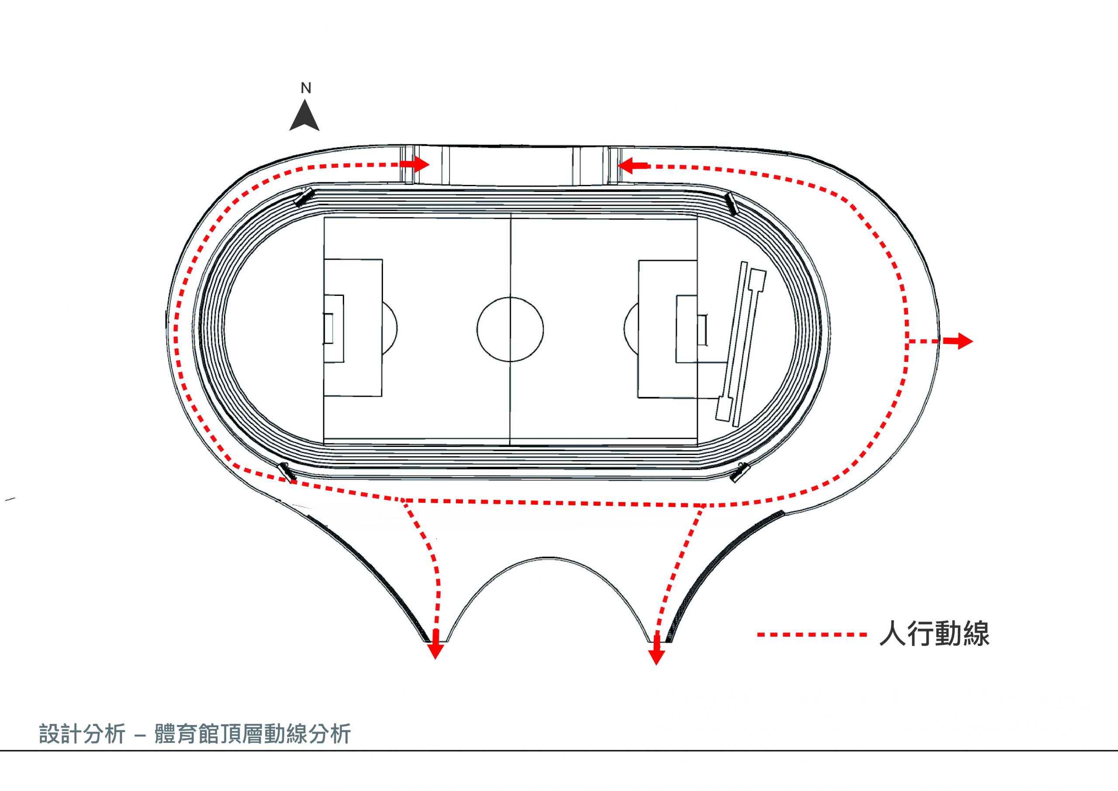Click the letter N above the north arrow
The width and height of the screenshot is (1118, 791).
click(x=306, y=88)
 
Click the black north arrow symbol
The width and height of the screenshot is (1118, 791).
click(x=304, y=115)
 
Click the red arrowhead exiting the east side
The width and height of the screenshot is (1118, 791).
click(x=958, y=341)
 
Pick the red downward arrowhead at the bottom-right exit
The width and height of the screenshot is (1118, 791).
click(x=656, y=655)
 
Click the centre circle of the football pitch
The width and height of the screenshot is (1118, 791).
click(x=511, y=297)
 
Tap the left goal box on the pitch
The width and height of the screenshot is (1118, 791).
click(x=334, y=329)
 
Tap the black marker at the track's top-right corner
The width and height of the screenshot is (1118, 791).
click(x=732, y=203)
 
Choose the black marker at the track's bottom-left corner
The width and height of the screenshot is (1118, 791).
click(x=286, y=471)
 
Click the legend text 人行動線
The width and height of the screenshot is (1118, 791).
click(x=935, y=634)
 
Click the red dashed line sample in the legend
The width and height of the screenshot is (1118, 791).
click(x=812, y=635)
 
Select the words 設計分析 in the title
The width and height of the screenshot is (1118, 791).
click(x=82, y=734)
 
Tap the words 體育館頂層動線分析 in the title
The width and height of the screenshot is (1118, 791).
click(x=252, y=734)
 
